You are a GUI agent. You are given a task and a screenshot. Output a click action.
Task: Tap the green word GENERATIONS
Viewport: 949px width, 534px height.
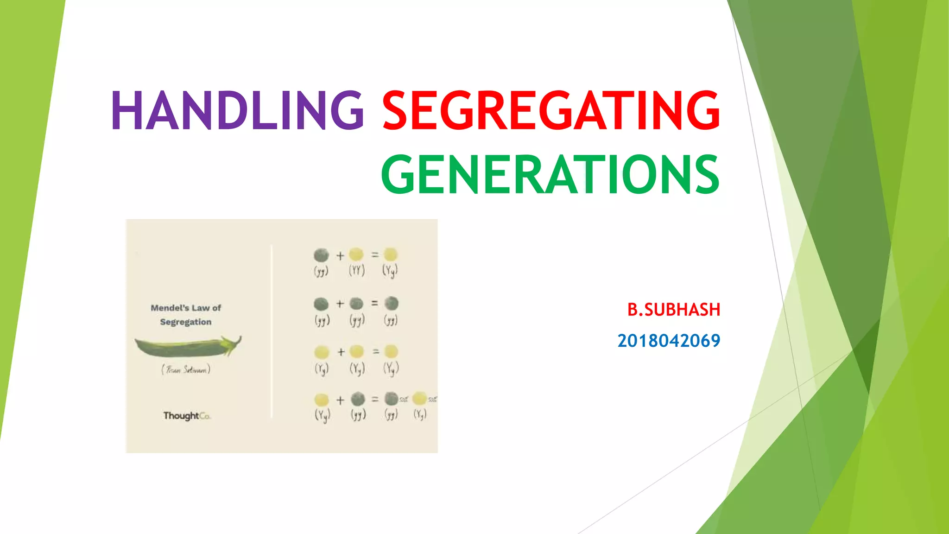550,175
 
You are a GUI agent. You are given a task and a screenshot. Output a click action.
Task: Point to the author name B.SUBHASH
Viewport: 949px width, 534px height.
673,310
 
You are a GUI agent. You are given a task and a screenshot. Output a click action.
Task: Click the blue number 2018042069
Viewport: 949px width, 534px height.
669,341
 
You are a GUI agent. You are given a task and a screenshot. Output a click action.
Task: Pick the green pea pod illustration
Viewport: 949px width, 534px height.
188,347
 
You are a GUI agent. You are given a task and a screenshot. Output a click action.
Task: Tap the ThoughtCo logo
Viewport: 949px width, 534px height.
186,416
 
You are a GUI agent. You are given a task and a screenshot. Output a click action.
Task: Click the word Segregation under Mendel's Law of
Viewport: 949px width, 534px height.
186,322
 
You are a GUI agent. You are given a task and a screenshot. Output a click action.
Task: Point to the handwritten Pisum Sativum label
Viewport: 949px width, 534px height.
186,369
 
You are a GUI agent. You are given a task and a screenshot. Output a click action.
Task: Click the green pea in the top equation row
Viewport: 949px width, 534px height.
321,255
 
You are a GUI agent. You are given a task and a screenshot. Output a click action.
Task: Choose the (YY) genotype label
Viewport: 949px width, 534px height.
357,270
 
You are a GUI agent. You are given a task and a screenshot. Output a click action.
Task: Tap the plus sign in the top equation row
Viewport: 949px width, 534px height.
340,255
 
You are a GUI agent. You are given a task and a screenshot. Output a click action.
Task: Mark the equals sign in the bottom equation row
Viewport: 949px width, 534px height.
375,399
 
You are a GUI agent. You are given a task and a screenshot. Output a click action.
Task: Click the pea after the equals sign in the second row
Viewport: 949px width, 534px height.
392,304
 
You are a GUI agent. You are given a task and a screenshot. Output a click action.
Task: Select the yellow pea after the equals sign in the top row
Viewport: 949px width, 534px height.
391,254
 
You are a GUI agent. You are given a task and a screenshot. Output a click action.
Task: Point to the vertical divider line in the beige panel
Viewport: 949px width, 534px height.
272,331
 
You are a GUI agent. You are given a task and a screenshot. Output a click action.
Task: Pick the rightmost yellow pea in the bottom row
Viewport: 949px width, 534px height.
419,399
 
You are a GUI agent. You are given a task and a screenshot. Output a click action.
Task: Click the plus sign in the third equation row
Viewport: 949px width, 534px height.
341,352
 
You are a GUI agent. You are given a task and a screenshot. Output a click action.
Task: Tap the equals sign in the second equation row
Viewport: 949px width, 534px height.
374,303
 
